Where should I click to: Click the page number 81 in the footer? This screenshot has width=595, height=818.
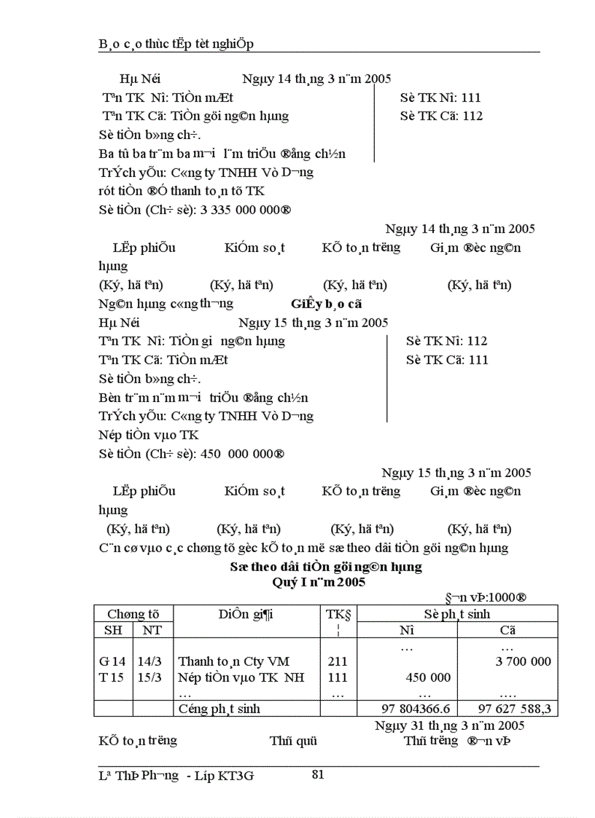[x=318, y=774]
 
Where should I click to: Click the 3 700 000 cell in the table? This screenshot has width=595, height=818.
[x=523, y=661]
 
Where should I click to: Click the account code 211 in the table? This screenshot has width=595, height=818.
[x=338, y=661]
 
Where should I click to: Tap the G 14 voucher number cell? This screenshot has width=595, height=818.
[x=112, y=661]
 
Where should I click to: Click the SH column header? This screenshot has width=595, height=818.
[x=112, y=630]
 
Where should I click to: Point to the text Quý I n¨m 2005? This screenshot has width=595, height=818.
[x=319, y=582]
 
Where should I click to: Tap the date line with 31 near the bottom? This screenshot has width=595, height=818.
[x=449, y=725]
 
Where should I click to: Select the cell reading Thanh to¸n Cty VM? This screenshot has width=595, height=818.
[x=233, y=661]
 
